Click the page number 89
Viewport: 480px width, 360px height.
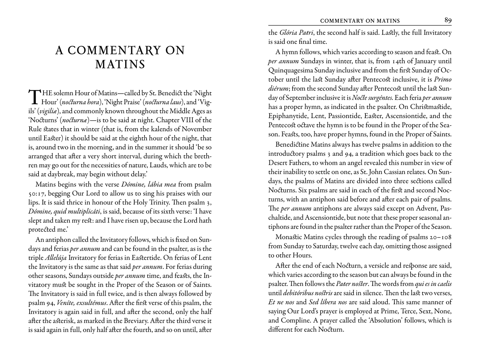coord(448,20)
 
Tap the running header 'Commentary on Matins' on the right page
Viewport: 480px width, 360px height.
coord(360,21)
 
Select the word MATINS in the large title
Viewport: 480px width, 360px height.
coord(120,64)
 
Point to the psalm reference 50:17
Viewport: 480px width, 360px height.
coord(39,193)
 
